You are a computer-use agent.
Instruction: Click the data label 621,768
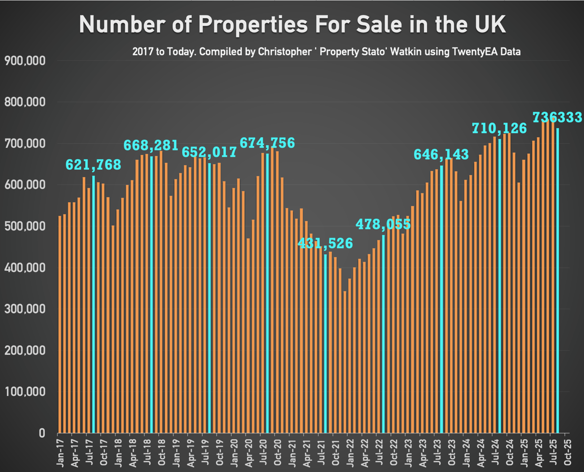(x=94, y=165)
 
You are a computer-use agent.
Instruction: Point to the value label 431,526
(x=325, y=243)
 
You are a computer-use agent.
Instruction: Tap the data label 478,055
(x=383, y=225)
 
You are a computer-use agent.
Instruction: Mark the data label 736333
(x=557, y=117)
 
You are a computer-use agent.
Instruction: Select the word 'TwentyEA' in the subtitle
(x=473, y=52)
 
